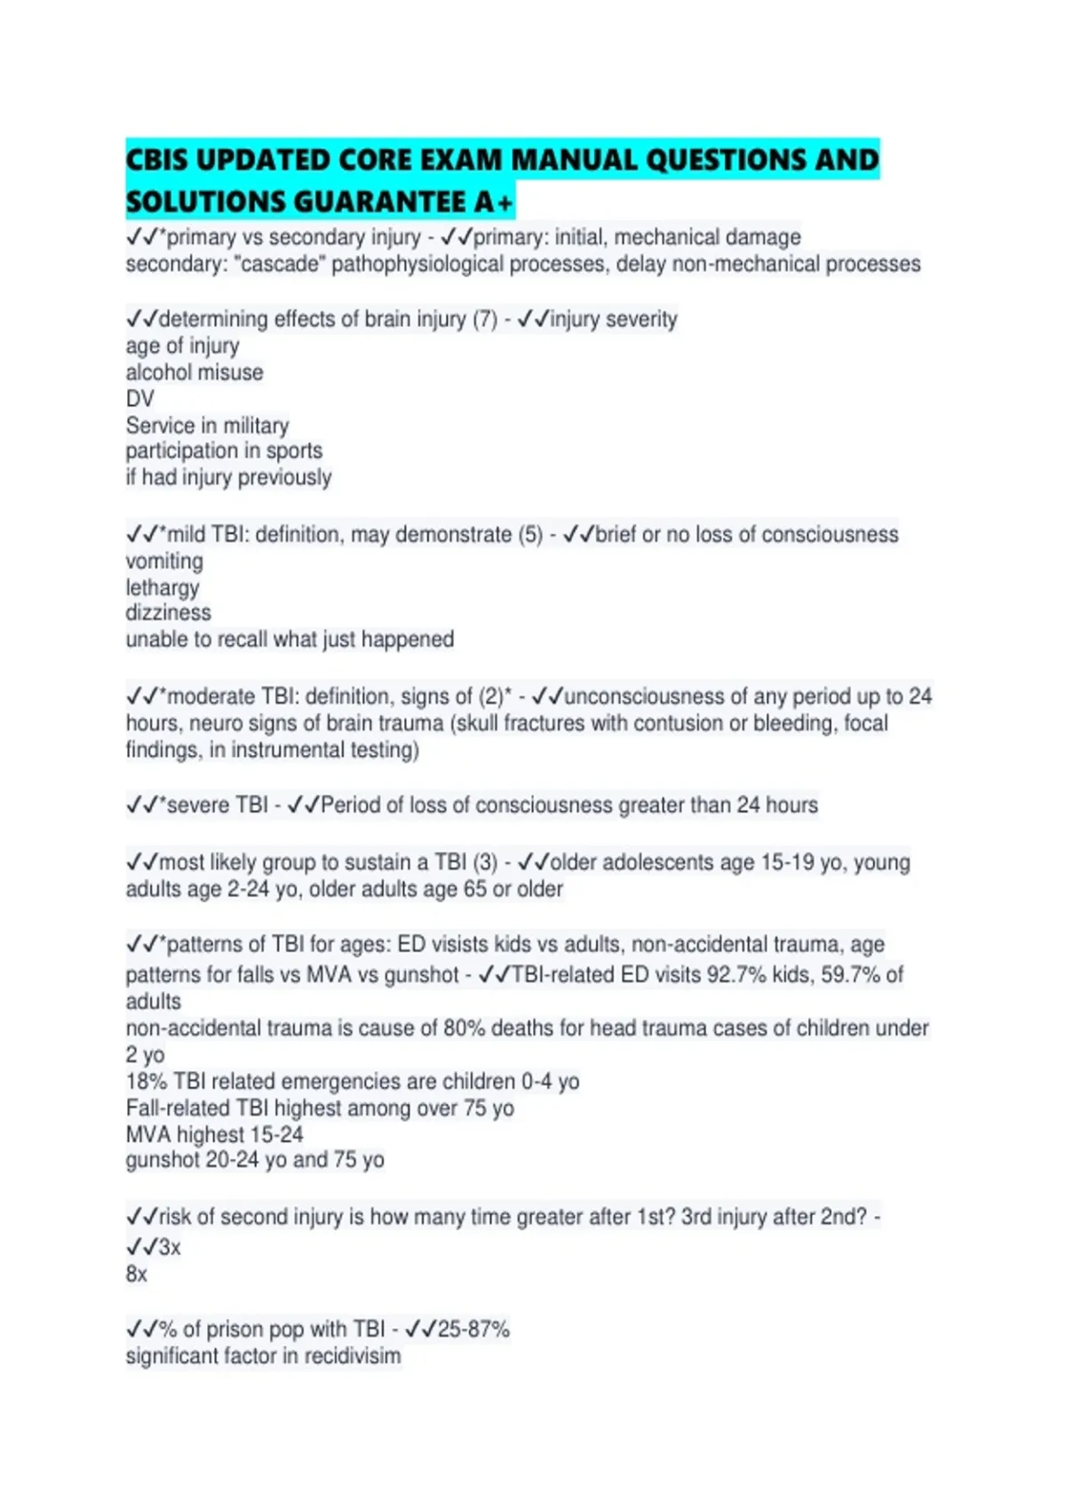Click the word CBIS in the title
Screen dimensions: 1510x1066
156,161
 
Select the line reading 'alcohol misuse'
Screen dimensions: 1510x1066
195,372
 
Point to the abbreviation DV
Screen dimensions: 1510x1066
139,399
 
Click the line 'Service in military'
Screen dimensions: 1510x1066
207,425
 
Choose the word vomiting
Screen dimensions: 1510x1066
164,561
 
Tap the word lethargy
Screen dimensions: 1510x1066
163,588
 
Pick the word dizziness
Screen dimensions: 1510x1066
168,613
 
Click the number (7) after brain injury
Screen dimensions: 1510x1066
484,319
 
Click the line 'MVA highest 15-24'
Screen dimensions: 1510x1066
214,1134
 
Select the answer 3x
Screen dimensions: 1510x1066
170,1247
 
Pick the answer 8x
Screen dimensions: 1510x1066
137,1274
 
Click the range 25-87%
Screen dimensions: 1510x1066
473,1329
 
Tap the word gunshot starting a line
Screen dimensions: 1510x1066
163,1160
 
